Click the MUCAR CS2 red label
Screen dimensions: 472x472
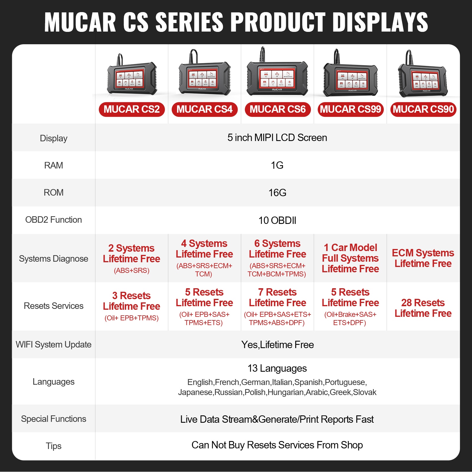pyautogui.click(x=132, y=109)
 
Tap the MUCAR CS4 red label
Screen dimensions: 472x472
pyautogui.click(x=204, y=109)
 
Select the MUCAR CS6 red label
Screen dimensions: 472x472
pyautogui.click(x=278, y=109)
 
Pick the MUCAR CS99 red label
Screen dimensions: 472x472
pyautogui.click(x=350, y=109)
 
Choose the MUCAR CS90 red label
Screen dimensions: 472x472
pyautogui.click(x=423, y=109)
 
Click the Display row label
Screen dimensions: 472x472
pyautogui.click(x=54, y=138)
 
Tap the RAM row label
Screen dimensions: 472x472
pyautogui.click(x=54, y=165)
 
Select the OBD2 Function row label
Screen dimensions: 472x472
pyautogui.click(x=54, y=220)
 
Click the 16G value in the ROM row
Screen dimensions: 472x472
pyautogui.click(x=277, y=193)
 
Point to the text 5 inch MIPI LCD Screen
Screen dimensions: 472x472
pyautogui.click(x=277, y=138)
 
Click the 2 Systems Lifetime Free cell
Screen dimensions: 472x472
pyautogui.click(x=132, y=258)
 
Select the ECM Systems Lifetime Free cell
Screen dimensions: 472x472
pyautogui.click(x=423, y=258)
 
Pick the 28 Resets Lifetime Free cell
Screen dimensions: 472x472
pyautogui.click(x=423, y=308)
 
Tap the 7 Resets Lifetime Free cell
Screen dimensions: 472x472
pyautogui.click(x=277, y=307)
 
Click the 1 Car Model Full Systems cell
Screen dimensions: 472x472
pyautogui.click(x=350, y=258)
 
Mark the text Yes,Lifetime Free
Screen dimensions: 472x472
pyautogui.click(x=277, y=345)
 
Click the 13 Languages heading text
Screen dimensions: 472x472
pyautogui.click(x=277, y=368)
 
